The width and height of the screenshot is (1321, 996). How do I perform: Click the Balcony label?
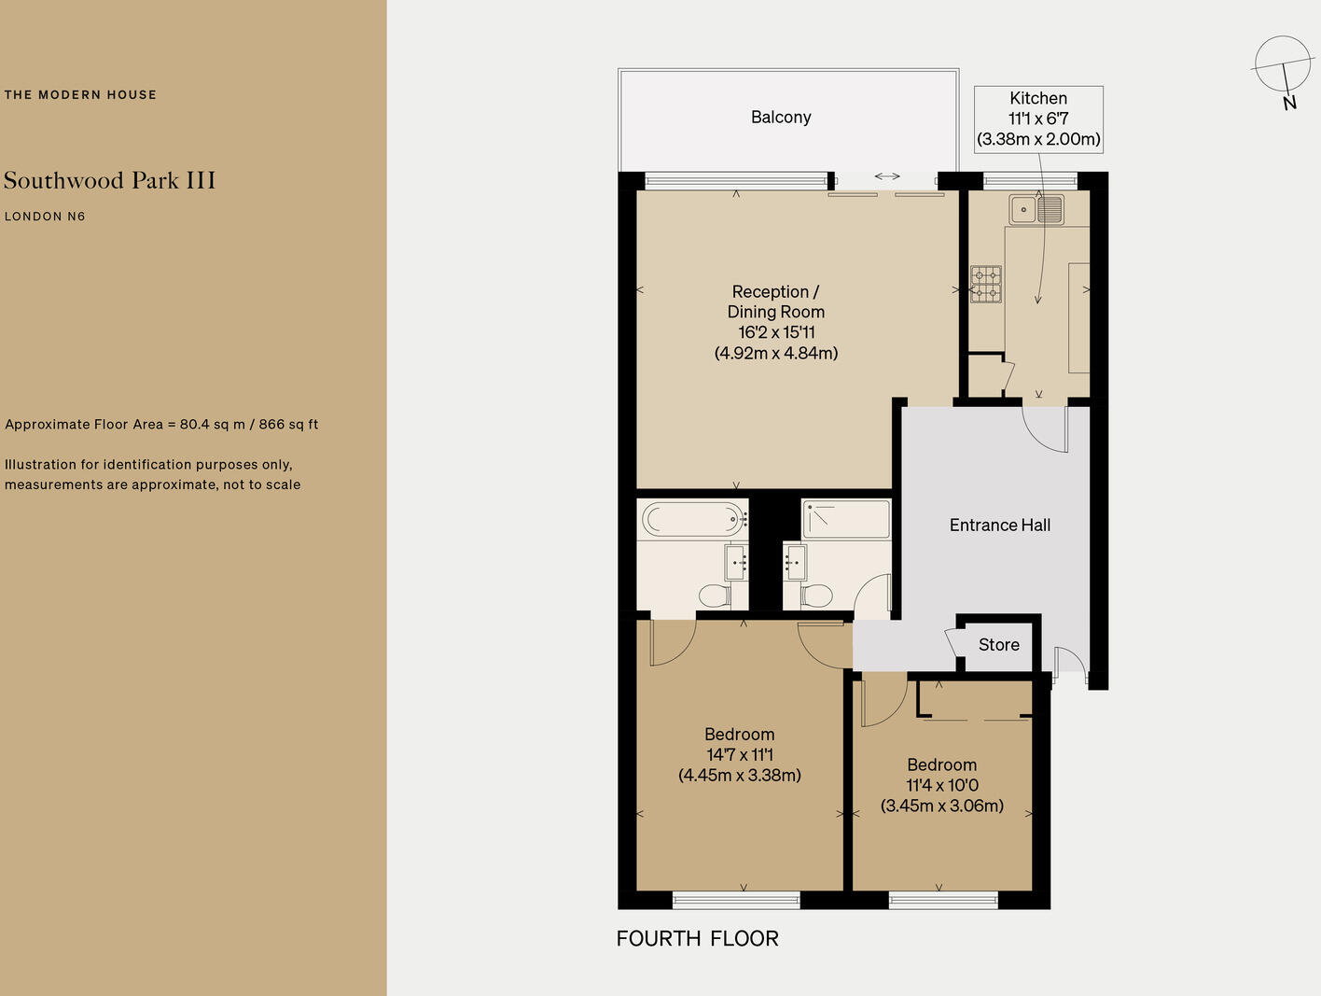tap(781, 118)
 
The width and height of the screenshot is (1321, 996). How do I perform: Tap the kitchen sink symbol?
tap(1036, 209)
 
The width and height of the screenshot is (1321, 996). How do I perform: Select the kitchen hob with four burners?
tap(986, 285)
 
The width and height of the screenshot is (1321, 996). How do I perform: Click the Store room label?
tap(998, 645)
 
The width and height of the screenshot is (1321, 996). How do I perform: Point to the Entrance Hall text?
tap(999, 526)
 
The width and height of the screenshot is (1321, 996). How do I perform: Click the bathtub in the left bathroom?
tap(692, 519)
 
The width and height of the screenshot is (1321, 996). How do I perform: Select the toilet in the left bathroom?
tap(715, 595)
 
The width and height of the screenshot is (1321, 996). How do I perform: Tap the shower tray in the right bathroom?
tap(846, 519)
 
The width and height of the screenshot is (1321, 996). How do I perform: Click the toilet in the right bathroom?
tap(817, 595)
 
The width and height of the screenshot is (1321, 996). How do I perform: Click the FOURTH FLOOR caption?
tap(697, 939)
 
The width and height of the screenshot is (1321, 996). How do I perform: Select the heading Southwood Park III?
tap(109, 180)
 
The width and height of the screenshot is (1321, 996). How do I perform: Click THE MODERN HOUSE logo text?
tap(80, 94)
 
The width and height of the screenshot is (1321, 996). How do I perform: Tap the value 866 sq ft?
tap(288, 425)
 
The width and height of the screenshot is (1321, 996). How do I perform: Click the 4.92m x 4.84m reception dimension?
tap(776, 353)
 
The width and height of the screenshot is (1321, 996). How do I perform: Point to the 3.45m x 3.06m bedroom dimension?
tap(942, 806)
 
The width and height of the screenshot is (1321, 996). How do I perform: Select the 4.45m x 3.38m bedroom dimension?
tap(739, 775)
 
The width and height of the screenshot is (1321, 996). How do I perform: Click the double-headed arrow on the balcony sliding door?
tap(887, 176)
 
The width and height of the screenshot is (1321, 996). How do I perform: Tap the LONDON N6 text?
tap(45, 217)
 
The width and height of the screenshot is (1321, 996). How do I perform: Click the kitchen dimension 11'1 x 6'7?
tap(1038, 119)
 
